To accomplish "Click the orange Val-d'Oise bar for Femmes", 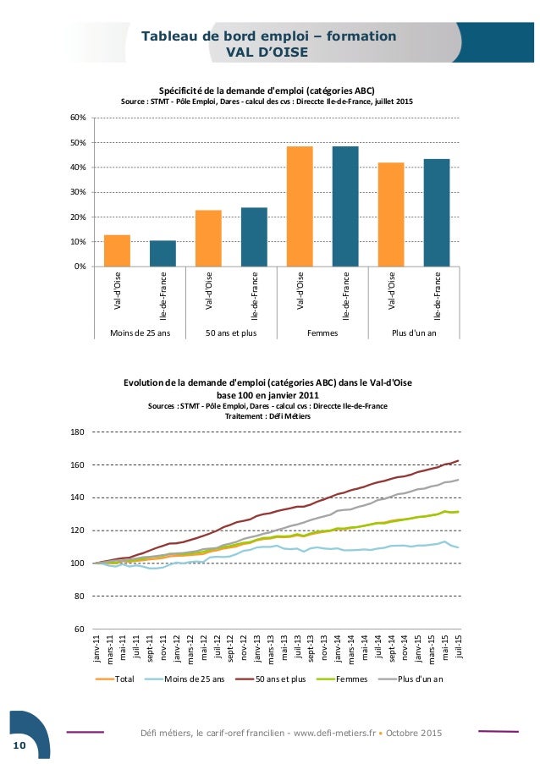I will click(300, 206).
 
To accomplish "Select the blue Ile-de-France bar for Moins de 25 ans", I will click(163, 254).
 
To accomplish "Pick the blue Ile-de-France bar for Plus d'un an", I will click(437, 212).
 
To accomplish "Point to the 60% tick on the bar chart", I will click(78, 118).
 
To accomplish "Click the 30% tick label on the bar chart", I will click(78, 192).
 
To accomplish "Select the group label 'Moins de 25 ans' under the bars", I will click(140, 333).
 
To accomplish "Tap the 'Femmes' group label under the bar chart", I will click(322, 333).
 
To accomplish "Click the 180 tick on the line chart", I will click(77, 432).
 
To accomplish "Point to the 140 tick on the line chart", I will click(77, 498).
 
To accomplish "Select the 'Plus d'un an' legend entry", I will click(420, 679).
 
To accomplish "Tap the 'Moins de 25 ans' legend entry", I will click(194, 679).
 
